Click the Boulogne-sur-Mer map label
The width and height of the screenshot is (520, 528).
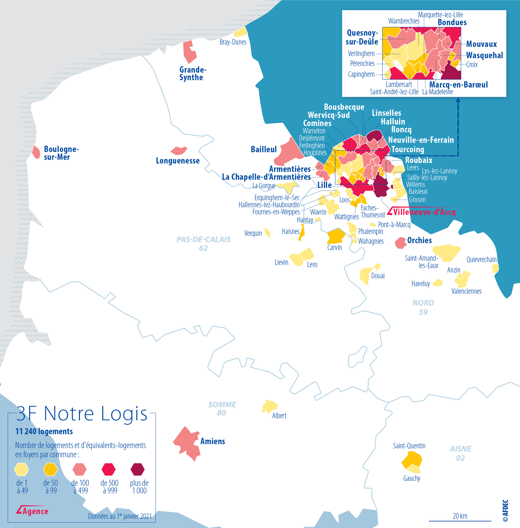pos(61,153)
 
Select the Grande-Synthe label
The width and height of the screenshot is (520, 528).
pos(193,73)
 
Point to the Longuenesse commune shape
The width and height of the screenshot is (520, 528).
pos(179,150)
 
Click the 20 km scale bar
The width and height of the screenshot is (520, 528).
pos(460,521)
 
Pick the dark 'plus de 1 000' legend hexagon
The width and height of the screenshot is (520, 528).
pos(137,469)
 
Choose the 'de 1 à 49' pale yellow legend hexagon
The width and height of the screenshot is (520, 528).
pos(21,469)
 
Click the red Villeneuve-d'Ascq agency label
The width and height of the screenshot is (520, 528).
pos(424,212)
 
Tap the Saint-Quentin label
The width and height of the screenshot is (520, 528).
pos(409,445)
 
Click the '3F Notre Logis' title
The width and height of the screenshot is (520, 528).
pos(82,413)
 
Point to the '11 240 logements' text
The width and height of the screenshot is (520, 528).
pos(44,431)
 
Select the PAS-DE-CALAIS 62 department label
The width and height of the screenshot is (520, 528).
pos(203,243)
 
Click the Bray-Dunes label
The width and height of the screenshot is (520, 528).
pos(233,42)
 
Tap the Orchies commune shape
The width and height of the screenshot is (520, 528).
pos(401,243)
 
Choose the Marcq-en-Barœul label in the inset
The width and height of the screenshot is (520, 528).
pos(458,85)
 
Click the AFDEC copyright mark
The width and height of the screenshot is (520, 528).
pos(505,510)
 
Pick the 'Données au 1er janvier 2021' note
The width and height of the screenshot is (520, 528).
pos(120,516)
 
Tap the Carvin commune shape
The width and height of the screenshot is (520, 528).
pos(336,236)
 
